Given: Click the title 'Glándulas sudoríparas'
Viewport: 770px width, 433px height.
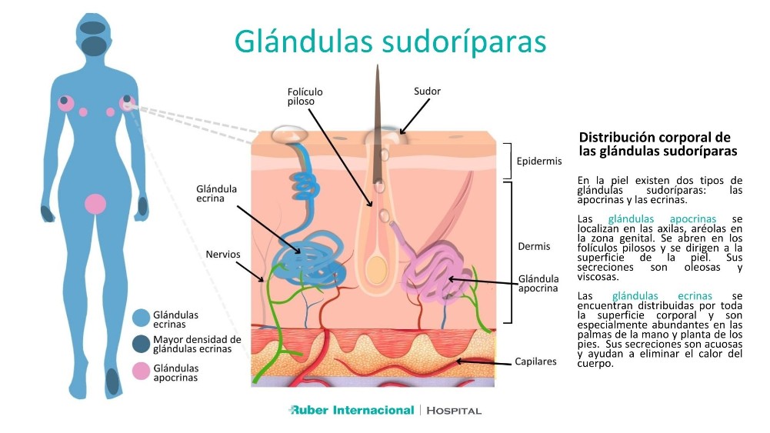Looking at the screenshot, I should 390,42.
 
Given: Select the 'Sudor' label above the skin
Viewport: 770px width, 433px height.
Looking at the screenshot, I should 427,92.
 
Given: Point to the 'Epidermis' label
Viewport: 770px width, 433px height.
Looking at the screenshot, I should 540,162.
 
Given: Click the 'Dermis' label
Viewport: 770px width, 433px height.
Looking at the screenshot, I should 534,247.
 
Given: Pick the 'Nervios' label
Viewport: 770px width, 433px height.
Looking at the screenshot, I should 223,254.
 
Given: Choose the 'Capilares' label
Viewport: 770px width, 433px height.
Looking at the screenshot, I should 535,361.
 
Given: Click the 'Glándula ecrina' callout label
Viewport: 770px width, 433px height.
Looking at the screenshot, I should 217,194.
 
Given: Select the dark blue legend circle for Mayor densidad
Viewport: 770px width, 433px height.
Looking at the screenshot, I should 140,344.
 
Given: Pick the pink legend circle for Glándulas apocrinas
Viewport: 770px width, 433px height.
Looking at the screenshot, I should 140,372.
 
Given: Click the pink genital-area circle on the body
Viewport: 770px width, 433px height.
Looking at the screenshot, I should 95,204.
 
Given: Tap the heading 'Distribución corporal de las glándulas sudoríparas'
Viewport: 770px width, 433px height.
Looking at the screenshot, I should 654,144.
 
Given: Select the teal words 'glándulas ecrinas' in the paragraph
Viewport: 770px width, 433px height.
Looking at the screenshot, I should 662,296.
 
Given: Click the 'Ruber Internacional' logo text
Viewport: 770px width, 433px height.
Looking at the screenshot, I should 352,410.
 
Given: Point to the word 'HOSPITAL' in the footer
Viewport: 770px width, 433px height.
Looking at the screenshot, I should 454,411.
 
